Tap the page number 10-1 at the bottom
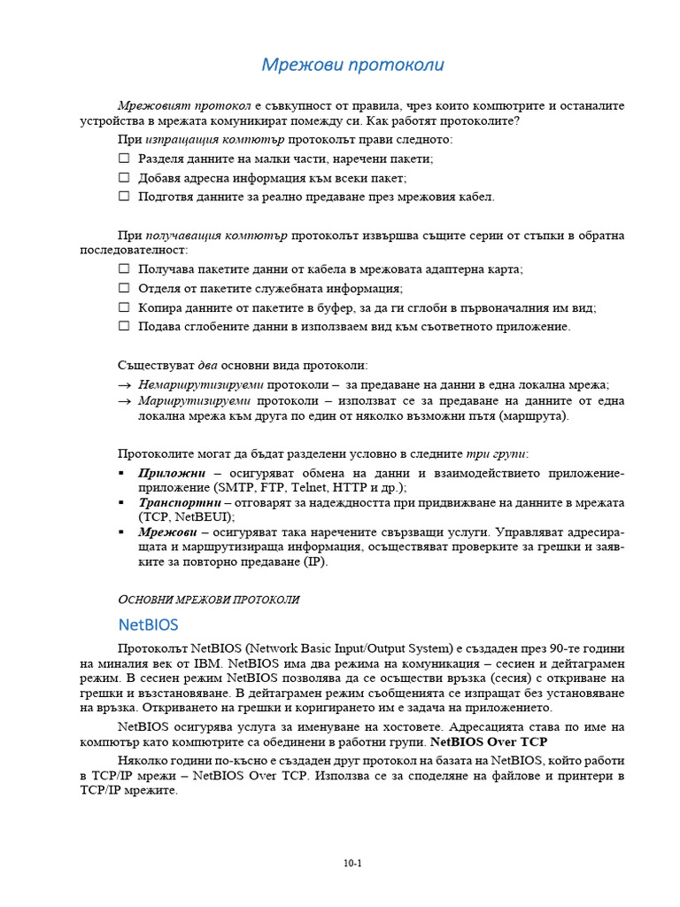[x=353, y=864]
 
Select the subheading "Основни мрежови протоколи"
[x=208, y=600]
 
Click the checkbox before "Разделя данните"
[x=124, y=159]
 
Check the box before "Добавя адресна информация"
[x=124, y=177]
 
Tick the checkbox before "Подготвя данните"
[x=124, y=197]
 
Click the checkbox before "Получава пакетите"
[x=124, y=269]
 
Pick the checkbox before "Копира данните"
[x=124, y=307]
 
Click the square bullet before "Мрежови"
[x=121, y=532]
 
